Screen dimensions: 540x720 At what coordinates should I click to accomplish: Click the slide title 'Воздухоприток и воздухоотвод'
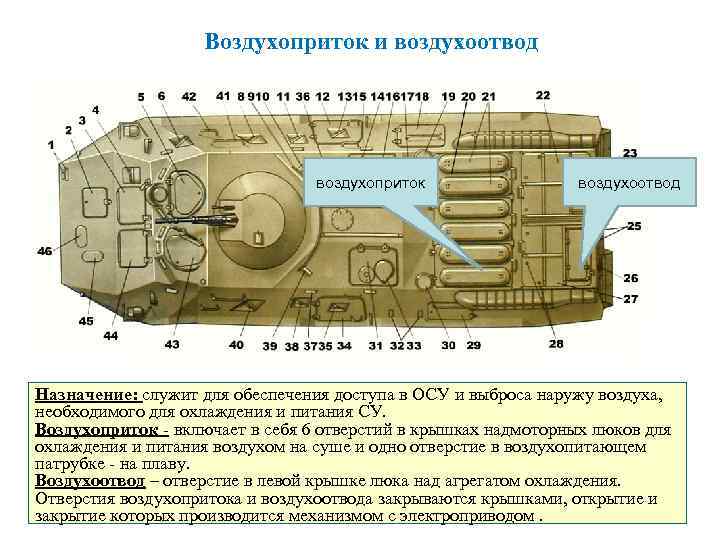pyautogui.click(x=371, y=42)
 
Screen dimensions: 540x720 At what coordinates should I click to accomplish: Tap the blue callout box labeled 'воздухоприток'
pyautogui.click(x=370, y=183)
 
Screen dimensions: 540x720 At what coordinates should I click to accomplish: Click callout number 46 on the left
pyautogui.click(x=45, y=251)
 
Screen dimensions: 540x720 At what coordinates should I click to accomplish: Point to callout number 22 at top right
pyautogui.click(x=543, y=95)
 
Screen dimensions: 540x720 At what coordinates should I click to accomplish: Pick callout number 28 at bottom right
pyautogui.click(x=556, y=344)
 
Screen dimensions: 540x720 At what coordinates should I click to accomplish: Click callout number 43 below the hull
pyautogui.click(x=172, y=344)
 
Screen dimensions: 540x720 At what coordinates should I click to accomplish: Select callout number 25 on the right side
pyautogui.click(x=634, y=227)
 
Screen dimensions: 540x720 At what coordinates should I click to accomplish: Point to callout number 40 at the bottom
pyautogui.click(x=236, y=345)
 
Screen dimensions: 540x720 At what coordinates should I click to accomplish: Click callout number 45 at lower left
pyautogui.click(x=87, y=321)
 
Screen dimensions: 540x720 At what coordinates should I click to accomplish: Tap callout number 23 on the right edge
pyautogui.click(x=630, y=153)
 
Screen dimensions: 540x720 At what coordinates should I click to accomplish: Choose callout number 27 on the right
pyautogui.click(x=631, y=299)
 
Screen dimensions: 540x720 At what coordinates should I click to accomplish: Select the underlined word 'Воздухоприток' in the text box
pyautogui.click(x=95, y=429)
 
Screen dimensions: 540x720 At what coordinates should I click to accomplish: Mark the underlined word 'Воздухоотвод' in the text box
pyautogui.click(x=89, y=480)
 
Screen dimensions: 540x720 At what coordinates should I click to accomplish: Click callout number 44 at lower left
pyautogui.click(x=110, y=336)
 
